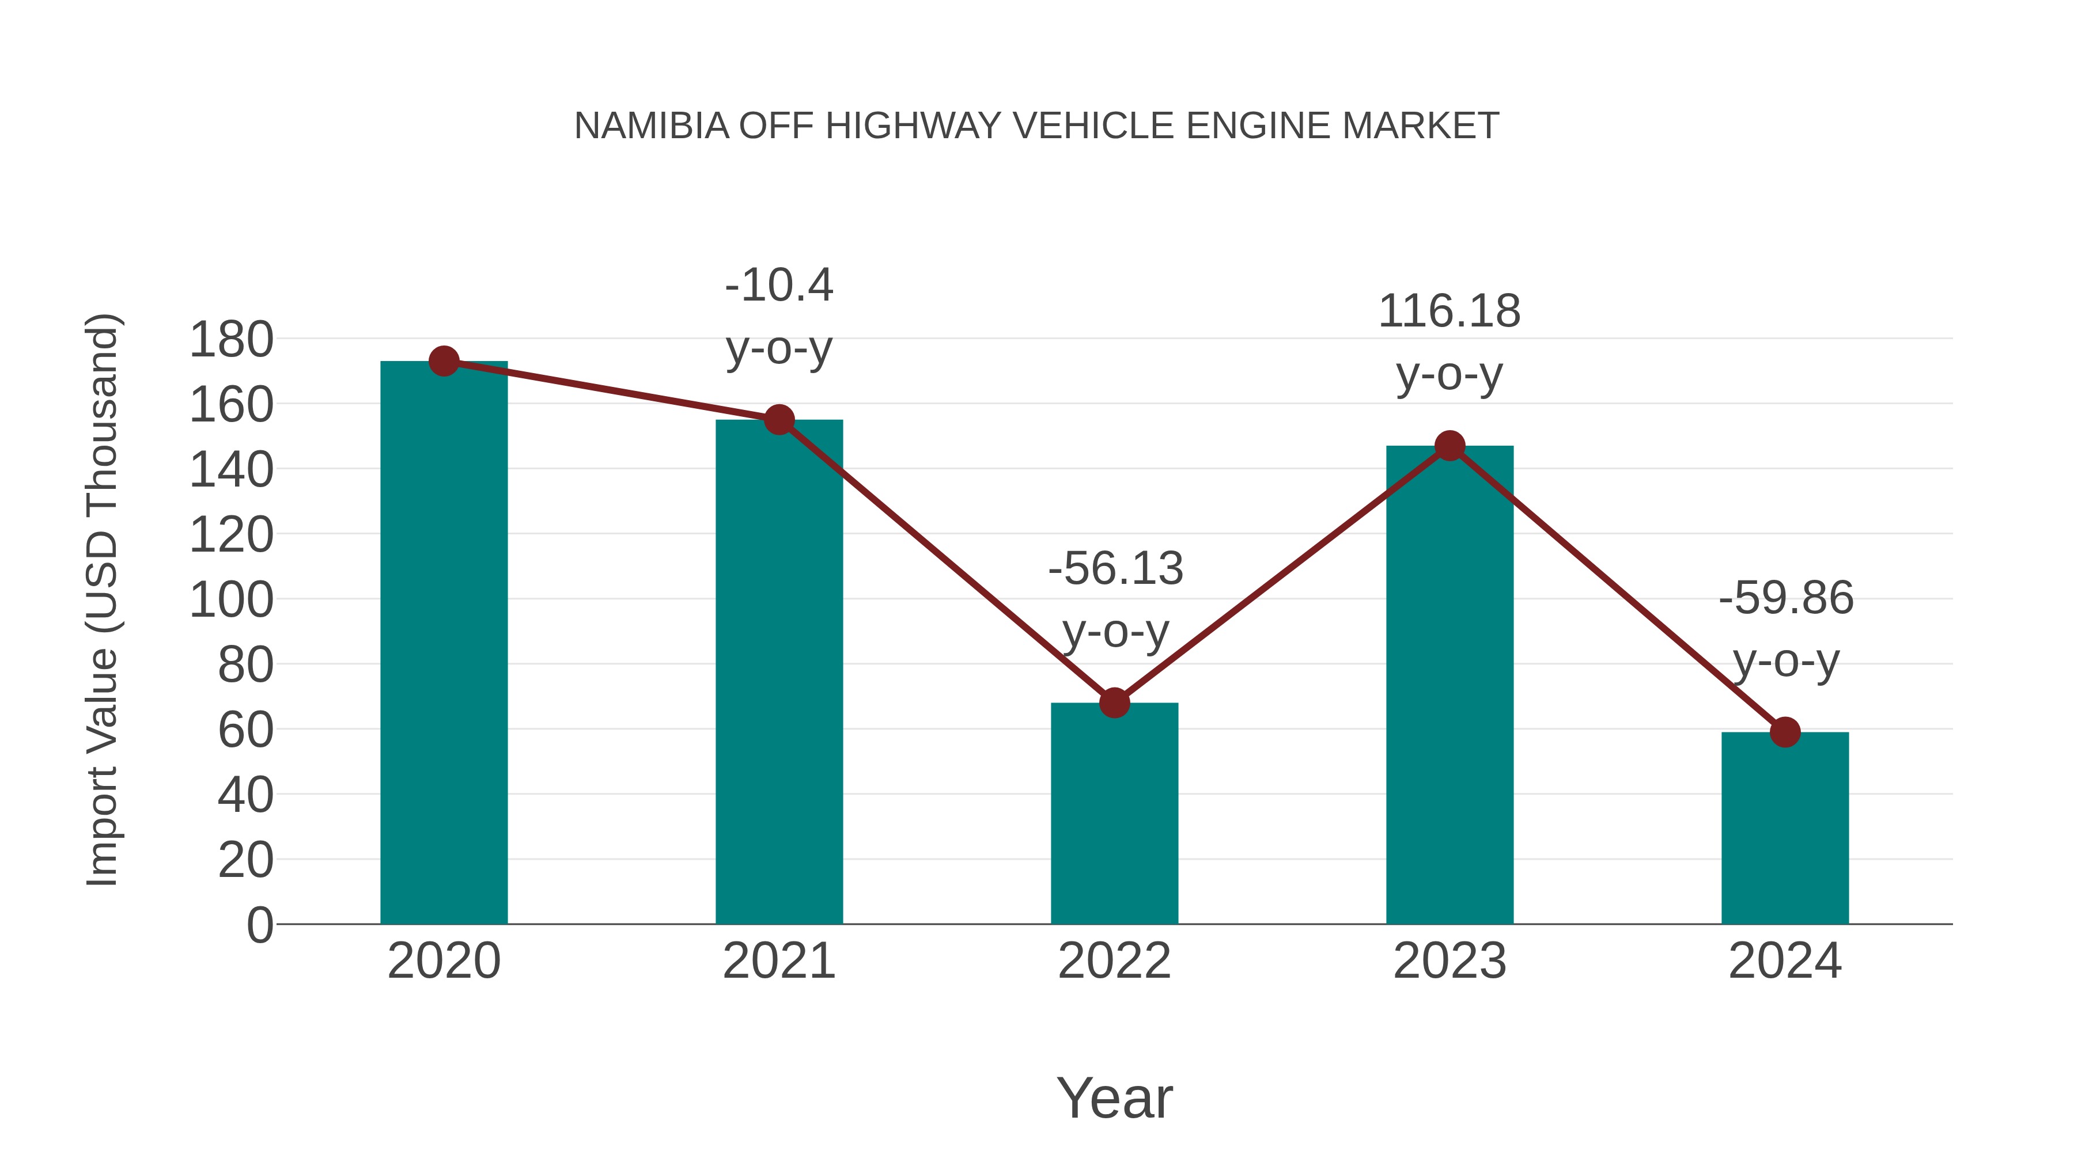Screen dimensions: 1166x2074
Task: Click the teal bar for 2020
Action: [x=444, y=644]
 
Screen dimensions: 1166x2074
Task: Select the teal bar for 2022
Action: [x=1114, y=812]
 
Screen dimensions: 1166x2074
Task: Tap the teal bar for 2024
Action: [x=1785, y=829]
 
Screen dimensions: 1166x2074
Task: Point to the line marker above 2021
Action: [x=778, y=419]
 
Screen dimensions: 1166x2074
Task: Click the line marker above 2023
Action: [x=1449, y=446]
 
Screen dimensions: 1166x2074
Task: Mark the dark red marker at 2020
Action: [x=444, y=361]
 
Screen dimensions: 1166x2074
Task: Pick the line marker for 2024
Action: [x=1785, y=732]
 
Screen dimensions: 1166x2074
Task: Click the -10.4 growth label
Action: [x=778, y=286]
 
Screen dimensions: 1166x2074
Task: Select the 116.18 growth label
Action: [x=1449, y=312]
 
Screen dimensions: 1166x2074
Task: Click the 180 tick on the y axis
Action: [x=231, y=340]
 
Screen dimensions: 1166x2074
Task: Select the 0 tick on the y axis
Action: [x=259, y=925]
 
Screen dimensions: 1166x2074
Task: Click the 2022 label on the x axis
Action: [x=1114, y=961]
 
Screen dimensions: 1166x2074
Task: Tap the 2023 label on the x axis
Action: [x=1449, y=961]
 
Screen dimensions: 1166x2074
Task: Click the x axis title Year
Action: [x=1114, y=1097]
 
